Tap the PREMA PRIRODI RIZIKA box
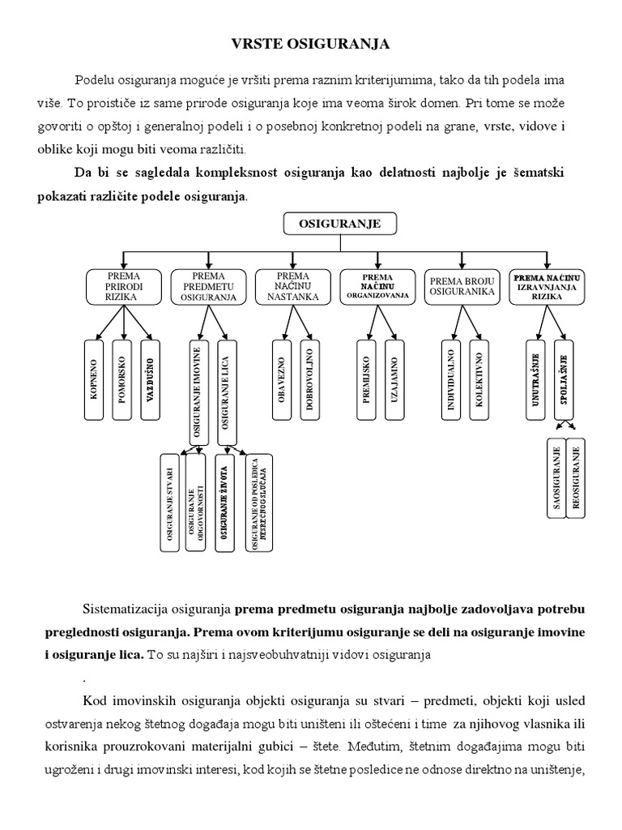click(x=124, y=286)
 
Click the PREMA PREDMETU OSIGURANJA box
click(x=208, y=286)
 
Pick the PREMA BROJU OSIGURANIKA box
click(x=462, y=286)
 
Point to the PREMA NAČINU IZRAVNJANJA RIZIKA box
click(x=547, y=286)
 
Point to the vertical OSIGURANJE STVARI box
click(x=169, y=503)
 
